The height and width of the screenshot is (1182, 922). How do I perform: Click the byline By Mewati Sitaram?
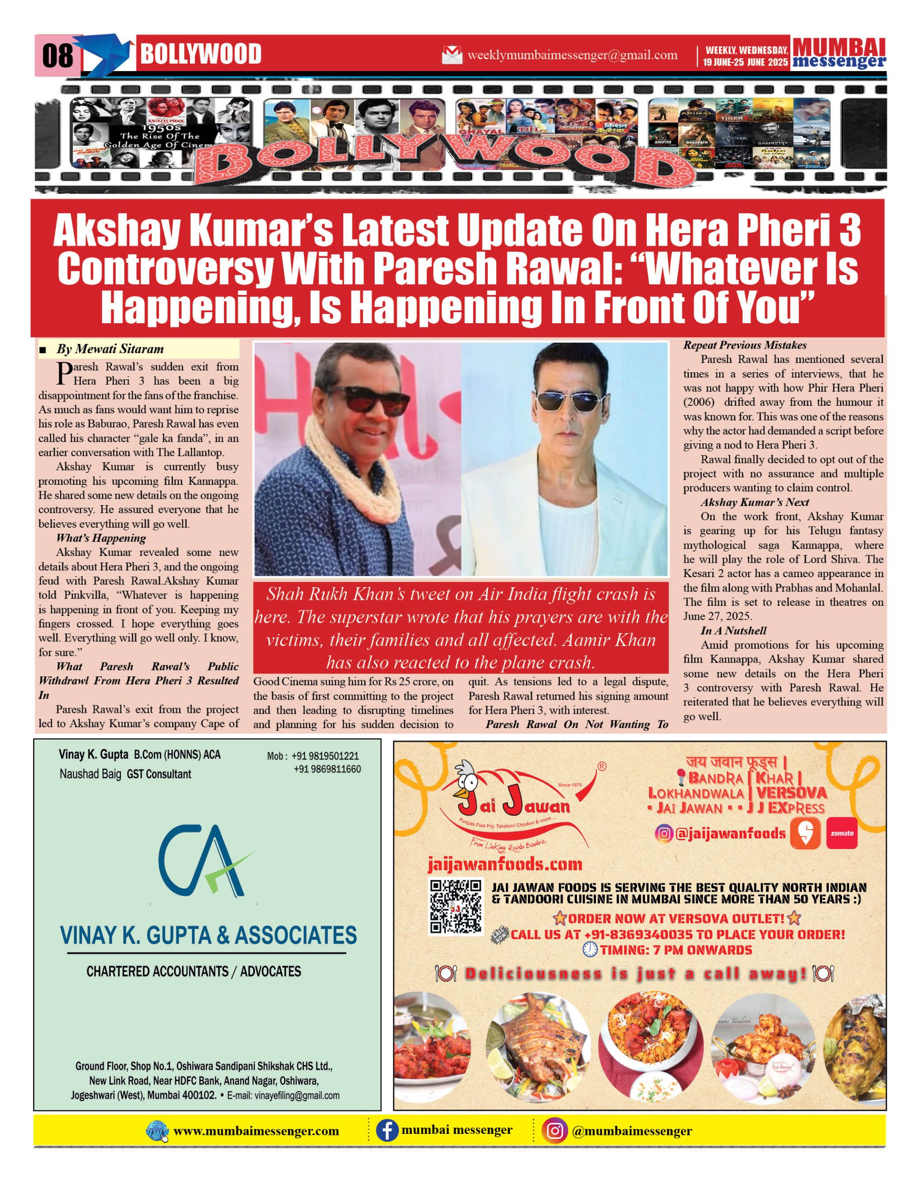(110, 349)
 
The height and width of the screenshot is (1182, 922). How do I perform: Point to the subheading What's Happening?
(101, 538)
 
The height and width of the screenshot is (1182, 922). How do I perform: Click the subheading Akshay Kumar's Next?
(755, 502)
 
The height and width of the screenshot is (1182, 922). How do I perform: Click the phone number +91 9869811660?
(327, 769)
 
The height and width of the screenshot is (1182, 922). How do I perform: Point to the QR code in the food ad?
(455, 907)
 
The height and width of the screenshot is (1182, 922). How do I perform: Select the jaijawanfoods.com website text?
(504, 864)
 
